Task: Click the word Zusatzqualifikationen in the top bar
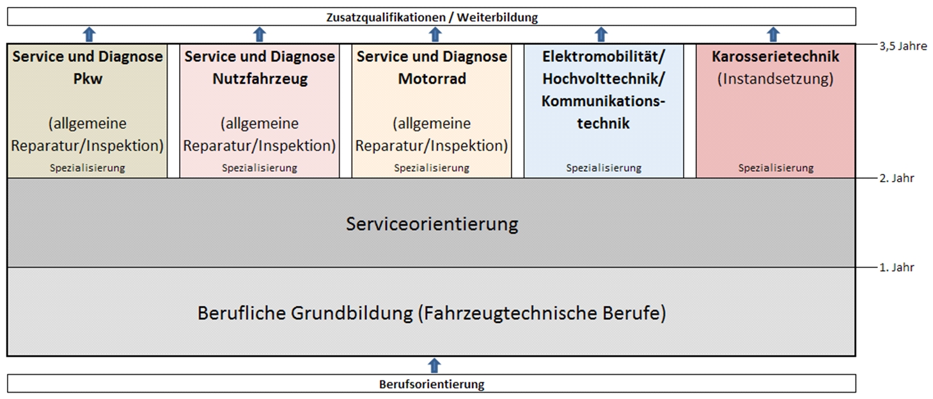[x=386, y=17]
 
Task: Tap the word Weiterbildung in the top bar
[x=498, y=17]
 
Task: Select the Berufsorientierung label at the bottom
[x=432, y=384]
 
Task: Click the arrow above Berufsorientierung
[x=434, y=365]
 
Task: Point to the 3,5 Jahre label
[x=903, y=46]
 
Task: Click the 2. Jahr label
[x=897, y=178]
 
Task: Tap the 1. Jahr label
[x=897, y=267]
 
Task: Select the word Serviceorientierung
[x=432, y=224]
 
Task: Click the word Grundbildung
[x=352, y=313]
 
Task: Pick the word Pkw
[x=88, y=79]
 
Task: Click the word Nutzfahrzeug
[x=260, y=79]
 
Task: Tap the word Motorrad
[x=432, y=79]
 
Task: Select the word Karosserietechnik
[x=775, y=57]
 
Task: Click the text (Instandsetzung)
[x=775, y=79]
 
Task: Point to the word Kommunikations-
[x=603, y=101]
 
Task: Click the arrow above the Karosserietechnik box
[x=773, y=35]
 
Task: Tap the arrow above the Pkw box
[x=89, y=35]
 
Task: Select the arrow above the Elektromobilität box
[x=600, y=35]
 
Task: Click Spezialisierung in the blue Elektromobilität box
[x=604, y=168]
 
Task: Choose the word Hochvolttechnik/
[x=603, y=79]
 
